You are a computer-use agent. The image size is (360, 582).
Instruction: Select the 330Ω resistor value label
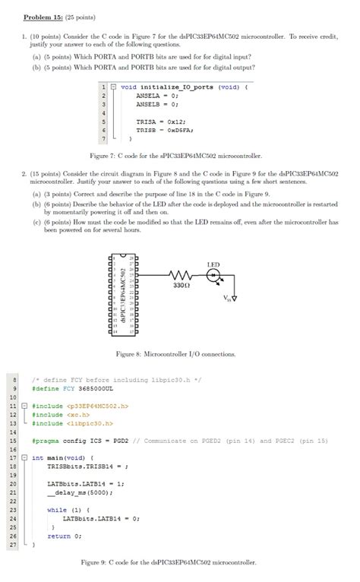pos(182,286)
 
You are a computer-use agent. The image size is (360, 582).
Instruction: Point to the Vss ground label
pos(230,297)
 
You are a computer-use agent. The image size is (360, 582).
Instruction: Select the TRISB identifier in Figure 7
pos(146,130)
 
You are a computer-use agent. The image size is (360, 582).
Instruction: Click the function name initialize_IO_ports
pos(177,87)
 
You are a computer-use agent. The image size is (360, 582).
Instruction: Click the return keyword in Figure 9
pos(58,536)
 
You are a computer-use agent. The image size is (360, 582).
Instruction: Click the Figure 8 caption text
pos(175,354)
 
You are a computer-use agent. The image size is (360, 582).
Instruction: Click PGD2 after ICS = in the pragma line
pos(118,441)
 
